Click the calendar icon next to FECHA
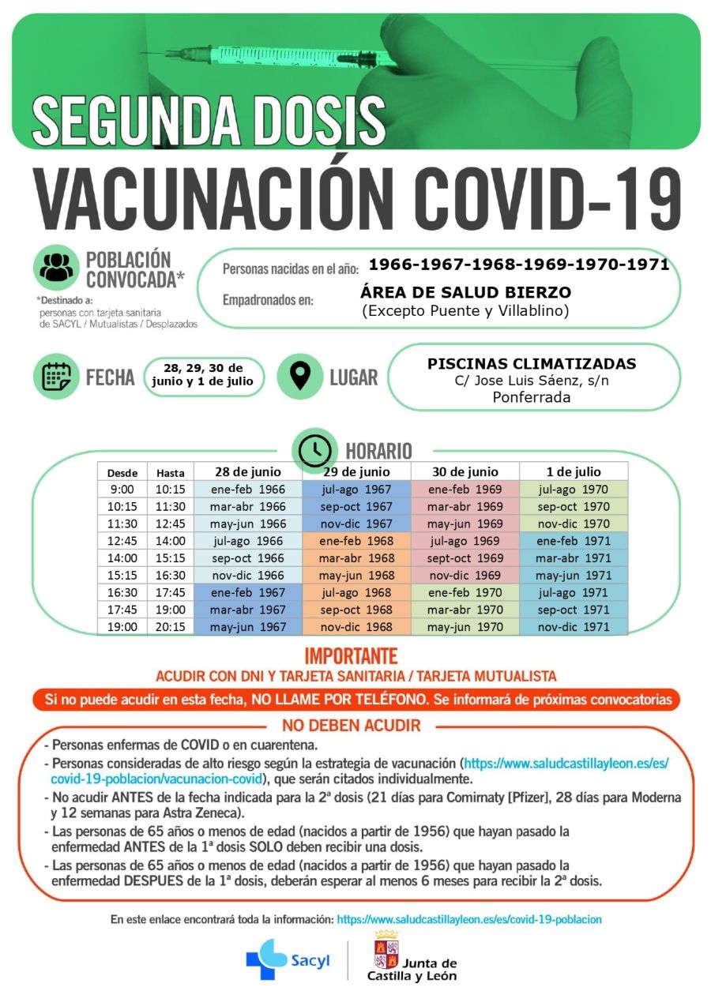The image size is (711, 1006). (x=57, y=377)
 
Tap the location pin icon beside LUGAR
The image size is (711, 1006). (x=300, y=377)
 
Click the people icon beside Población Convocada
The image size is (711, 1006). (x=56, y=268)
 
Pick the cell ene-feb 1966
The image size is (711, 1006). (x=247, y=490)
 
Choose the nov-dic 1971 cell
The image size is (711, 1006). (x=573, y=627)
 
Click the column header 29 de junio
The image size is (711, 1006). (x=356, y=472)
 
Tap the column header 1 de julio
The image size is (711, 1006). (x=573, y=472)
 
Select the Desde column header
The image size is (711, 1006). (x=122, y=474)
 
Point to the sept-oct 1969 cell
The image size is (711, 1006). (x=465, y=558)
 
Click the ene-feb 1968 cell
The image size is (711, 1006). (x=356, y=541)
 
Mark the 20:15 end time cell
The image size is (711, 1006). (x=170, y=627)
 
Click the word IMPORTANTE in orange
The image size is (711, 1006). (x=351, y=657)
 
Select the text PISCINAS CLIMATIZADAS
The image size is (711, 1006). (x=531, y=364)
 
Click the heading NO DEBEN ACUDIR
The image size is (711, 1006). (x=352, y=726)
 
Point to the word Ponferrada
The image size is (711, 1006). (x=531, y=397)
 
